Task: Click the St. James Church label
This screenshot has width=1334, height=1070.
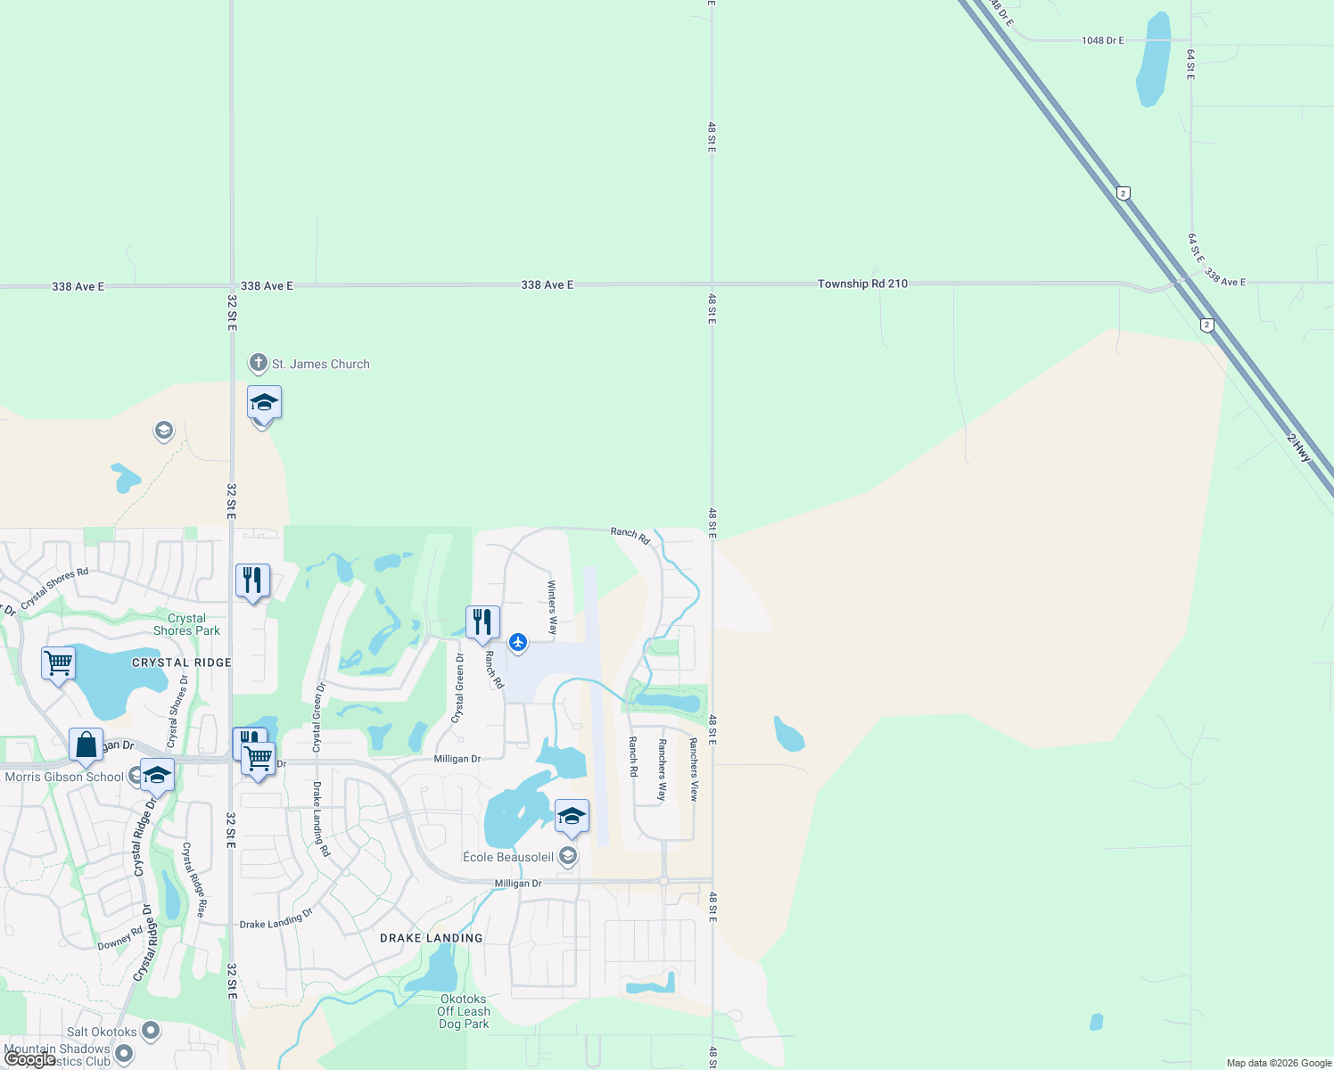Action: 320,364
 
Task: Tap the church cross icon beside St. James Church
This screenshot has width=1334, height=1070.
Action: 258,363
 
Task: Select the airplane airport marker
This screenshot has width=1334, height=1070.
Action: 518,642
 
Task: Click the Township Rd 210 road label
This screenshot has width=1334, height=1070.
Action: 862,284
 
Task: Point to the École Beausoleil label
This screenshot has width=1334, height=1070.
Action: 508,857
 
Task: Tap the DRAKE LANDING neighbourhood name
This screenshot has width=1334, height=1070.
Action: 431,938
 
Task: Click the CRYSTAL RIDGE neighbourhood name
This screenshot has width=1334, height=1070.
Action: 182,663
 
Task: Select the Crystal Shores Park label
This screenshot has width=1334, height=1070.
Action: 186,624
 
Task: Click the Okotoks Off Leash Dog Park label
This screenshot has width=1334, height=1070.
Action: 464,1011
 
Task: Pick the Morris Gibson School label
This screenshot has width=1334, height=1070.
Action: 64,777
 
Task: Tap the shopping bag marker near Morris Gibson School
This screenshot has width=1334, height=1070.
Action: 86,745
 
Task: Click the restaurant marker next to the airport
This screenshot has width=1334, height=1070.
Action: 482,621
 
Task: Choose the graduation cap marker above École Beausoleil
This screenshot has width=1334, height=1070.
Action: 572,816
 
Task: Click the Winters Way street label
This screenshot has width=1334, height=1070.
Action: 552,607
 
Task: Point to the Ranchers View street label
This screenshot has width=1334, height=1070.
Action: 694,769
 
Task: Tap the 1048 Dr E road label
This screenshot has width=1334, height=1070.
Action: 1102,40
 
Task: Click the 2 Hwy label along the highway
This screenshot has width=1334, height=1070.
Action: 1299,447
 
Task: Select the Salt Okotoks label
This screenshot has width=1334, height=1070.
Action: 102,1032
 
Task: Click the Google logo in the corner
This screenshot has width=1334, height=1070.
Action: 29,1059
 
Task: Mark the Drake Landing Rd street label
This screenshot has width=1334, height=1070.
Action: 321,819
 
